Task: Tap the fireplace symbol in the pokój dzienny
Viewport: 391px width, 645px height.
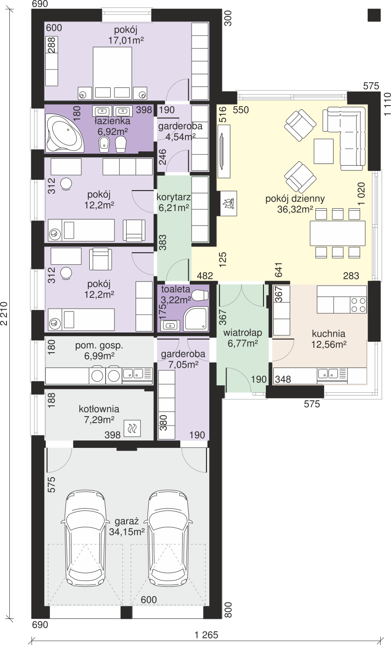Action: pyautogui.click(x=228, y=203)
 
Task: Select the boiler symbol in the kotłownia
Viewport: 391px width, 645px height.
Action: pyautogui.click(x=132, y=428)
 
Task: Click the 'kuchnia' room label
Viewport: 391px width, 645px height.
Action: pyautogui.click(x=328, y=333)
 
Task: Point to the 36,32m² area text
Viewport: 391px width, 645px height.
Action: pyautogui.click(x=295, y=209)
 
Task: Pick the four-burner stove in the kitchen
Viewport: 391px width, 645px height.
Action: pyautogui.click(x=358, y=305)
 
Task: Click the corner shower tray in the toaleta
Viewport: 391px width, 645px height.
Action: pyautogui.click(x=196, y=319)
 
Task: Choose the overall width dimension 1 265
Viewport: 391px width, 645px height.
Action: pyautogui.click(x=206, y=635)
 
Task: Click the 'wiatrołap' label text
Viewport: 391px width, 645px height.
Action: pyautogui.click(x=243, y=333)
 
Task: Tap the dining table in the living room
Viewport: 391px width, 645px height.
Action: pyautogui.click(x=337, y=233)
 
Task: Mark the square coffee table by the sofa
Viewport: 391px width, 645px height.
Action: pyautogui.click(x=324, y=151)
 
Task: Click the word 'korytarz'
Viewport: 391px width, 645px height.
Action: pyautogui.click(x=174, y=197)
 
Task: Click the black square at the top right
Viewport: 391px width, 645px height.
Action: pyautogui.click(x=374, y=14)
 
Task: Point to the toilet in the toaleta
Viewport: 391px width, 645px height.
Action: pyautogui.click(x=200, y=295)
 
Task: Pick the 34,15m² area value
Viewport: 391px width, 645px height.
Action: pyautogui.click(x=127, y=532)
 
